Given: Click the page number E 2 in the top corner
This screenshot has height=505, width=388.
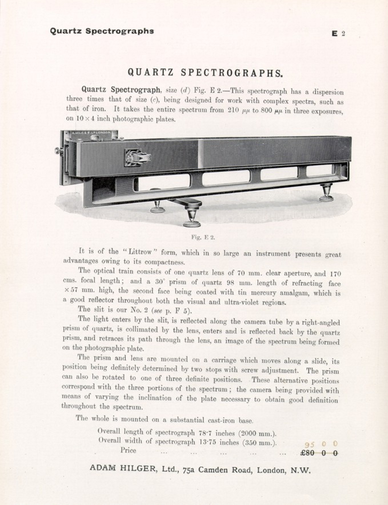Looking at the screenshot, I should tap(338, 33).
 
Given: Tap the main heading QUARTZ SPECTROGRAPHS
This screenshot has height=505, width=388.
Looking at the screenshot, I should tap(205, 73).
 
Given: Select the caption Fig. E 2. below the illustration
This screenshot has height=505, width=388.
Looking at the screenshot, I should tap(203, 237).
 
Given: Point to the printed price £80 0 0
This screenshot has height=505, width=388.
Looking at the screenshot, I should tap(319, 453).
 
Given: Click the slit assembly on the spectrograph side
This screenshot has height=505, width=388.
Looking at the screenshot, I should tap(137, 157).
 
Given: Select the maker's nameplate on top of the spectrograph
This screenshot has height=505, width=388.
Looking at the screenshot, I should tap(91, 133).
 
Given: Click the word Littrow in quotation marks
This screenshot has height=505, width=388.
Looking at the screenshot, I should tap(140, 252).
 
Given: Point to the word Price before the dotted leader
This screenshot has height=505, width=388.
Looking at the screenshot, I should tap(128, 450).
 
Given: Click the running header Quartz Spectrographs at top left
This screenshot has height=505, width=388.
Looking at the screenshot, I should tap(102, 31).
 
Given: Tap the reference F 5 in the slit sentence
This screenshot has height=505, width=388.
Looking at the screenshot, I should tap(181, 311).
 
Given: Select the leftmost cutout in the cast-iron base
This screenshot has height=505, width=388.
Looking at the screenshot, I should tap(162, 182).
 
